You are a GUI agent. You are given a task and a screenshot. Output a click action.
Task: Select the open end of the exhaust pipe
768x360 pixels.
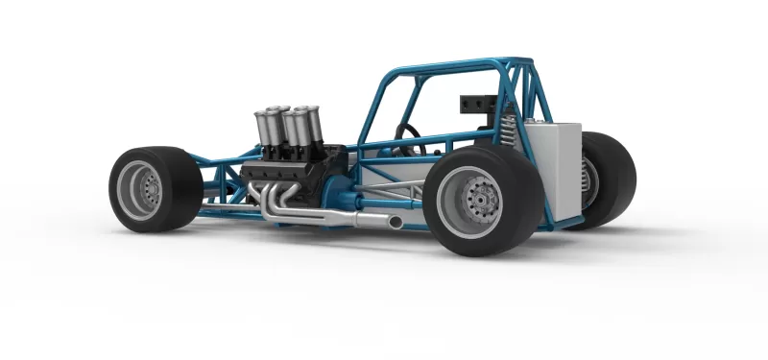click(x=396, y=223)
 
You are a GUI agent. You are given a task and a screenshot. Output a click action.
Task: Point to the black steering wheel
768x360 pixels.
click(x=408, y=133)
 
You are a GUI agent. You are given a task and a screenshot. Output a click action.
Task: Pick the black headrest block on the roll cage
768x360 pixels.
click(x=477, y=104)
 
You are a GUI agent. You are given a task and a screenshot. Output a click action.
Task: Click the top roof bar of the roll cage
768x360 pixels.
click(x=451, y=67)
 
